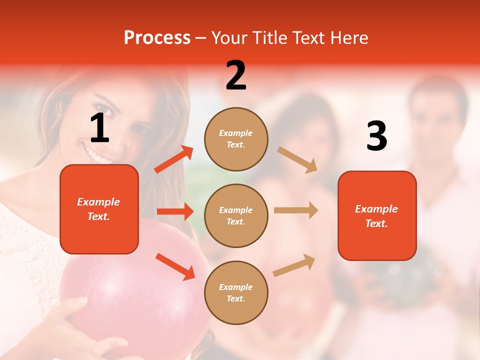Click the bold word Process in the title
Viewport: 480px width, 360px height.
click(157, 38)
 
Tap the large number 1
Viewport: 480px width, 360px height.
click(99, 128)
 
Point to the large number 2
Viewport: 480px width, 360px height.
click(236, 75)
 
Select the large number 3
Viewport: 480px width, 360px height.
click(376, 136)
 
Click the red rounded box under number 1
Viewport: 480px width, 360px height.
click(99, 209)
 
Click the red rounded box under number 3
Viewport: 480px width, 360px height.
click(377, 215)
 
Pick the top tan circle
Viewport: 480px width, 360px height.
click(236, 139)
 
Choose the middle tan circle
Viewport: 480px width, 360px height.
click(236, 215)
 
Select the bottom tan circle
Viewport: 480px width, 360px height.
click(236, 292)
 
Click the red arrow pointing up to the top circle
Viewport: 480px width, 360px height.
click(174, 159)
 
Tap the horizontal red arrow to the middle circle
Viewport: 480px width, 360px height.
click(175, 211)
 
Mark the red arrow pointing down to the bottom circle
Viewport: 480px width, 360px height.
click(175, 266)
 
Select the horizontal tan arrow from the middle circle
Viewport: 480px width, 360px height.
click(296, 210)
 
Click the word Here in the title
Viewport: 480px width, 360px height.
click(348, 38)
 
